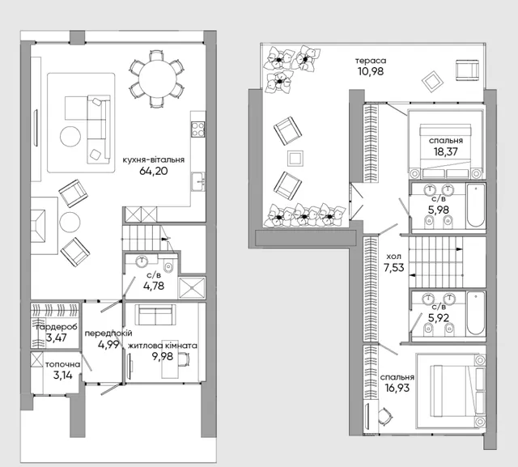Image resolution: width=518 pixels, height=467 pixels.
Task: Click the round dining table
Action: tap(158, 79)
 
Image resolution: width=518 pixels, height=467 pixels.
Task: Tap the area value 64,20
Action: tap(154, 171)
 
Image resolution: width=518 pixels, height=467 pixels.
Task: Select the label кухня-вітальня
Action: tap(154, 160)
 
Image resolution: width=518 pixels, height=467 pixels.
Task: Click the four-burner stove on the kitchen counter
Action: tap(198, 129)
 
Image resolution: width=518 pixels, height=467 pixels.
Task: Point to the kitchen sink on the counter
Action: tap(198, 181)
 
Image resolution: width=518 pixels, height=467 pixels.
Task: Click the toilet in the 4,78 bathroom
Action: tap(168, 267)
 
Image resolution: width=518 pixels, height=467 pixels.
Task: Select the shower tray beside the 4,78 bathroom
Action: tap(192, 288)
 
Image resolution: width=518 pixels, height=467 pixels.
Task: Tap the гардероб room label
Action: tap(57, 327)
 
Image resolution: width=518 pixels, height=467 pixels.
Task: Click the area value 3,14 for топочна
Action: tap(63, 376)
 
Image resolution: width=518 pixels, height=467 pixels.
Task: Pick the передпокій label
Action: tap(108, 333)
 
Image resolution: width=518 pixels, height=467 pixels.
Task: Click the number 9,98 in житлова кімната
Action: tap(162, 356)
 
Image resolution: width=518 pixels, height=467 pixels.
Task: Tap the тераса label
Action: tap(371, 61)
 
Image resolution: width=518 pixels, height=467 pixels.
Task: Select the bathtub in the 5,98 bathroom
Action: tap(476, 206)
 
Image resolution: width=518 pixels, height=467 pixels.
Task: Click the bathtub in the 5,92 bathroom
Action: tap(476, 313)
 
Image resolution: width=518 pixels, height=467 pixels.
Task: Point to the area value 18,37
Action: tap(446, 151)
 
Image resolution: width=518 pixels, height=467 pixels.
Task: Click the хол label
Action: tap(394, 257)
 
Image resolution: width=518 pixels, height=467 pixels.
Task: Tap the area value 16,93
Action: tap(397, 388)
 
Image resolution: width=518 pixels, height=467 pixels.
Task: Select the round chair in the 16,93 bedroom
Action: tap(385, 415)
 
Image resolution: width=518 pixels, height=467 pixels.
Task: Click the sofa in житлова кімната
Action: tap(155, 314)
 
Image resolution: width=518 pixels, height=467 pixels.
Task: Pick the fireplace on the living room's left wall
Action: tap(38, 226)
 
